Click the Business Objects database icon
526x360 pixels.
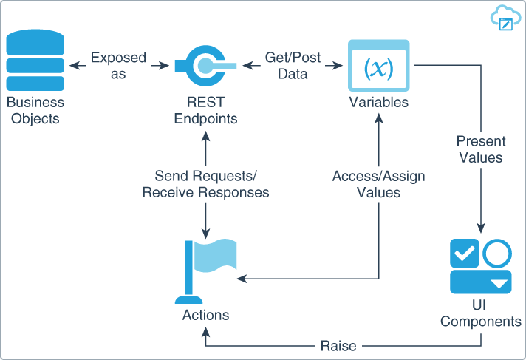click(35, 63)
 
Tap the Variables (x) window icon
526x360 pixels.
click(378, 67)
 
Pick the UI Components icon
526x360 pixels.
click(481, 266)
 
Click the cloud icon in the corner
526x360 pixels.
click(502, 18)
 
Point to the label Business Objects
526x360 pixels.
click(35, 110)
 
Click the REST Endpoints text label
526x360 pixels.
click(206, 110)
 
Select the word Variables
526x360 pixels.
click(378, 102)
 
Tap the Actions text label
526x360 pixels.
click(205, 315)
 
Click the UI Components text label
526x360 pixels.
click(481, 313)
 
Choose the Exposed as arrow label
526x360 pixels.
click(118, 65)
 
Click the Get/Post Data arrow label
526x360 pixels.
click(293, 65)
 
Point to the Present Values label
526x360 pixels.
click(480, 149)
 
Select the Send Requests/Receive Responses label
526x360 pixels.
click(205, 184)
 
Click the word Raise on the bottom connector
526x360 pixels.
click(338, 345)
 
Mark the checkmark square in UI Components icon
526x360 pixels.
click(465, 253)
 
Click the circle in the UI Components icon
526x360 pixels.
click(497, 253)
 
